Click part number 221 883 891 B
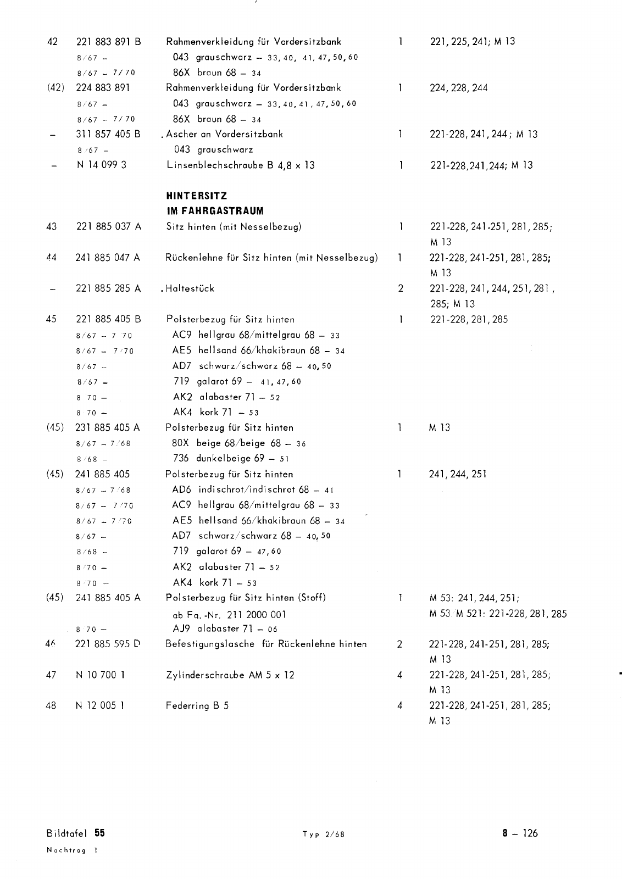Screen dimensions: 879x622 click(x=108, y=42)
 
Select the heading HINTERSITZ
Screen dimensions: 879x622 click(x=196, y=196)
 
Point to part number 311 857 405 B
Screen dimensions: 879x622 click(x=108, y=134)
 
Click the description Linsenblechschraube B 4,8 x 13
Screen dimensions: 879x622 click(x=241, y=165)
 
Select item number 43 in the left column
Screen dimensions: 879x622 click(x=52, y=226)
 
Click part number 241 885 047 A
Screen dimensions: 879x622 click(x=108, y=258)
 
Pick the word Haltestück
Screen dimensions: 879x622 click(x=190, y=288)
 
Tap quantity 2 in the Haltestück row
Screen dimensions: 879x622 click(x=401, y=288)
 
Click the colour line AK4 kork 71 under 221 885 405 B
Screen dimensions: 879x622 click(x=215, y=413)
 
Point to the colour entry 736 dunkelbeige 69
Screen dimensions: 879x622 click(x=231, y=459)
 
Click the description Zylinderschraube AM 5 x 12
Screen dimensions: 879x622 click(x=230, y=675)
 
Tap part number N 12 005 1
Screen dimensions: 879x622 click(x=99, y=706)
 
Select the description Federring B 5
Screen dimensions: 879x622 click(x=197, y=706)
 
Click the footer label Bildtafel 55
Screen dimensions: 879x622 click(x=75, y=833)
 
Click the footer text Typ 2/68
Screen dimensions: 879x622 click(x=323, y=834)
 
